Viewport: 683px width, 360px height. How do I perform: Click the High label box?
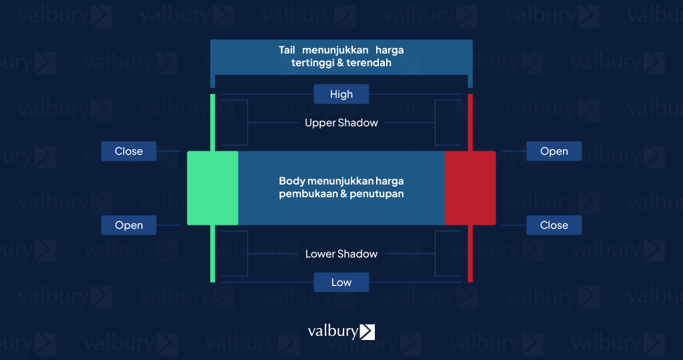click(341, 94)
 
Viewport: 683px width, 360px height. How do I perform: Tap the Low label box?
click(341, 282)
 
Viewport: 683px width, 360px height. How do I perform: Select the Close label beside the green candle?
click(129, 151)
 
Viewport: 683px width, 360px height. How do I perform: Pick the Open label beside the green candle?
click(129, 225)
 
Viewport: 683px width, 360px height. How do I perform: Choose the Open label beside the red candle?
click(554, 151)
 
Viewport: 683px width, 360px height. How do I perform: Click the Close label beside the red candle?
click(554, 225)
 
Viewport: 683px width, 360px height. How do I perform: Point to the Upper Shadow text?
click(341, 123)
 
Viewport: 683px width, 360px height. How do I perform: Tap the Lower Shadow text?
click(341, 254)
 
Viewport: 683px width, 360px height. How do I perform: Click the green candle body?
click(213, 188)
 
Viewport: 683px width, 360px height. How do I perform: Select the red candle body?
click(470, 188)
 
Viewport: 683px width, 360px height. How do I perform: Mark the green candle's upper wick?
click(213, 123)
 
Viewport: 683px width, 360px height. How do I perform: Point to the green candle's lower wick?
click(213, 253)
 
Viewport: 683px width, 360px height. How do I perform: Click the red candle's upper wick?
click(470, 123)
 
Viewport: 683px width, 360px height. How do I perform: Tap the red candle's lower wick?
click(470, 253)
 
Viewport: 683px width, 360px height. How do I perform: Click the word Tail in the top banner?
click(287, 50)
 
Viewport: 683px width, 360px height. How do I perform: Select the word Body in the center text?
click(291, 181)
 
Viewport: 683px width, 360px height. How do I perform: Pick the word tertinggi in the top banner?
click(313, 63)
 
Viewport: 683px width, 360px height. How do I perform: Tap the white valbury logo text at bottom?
click(332, 331)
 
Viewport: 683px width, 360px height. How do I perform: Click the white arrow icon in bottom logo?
click(367, 331)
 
